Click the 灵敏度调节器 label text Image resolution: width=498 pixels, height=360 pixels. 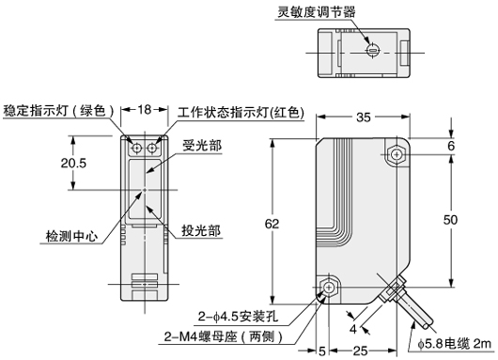317,12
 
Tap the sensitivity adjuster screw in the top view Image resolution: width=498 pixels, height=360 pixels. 372,50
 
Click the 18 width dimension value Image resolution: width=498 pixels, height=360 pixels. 144,110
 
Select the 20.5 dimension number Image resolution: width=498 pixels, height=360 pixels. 73,163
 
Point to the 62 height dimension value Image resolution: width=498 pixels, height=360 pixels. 272,224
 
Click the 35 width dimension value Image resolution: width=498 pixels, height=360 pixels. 364,117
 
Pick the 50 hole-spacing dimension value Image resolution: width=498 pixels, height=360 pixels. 450,220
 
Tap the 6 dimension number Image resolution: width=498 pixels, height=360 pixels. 451,146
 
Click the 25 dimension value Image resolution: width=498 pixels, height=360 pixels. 360,351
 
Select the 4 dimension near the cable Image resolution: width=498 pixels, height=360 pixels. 353,329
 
